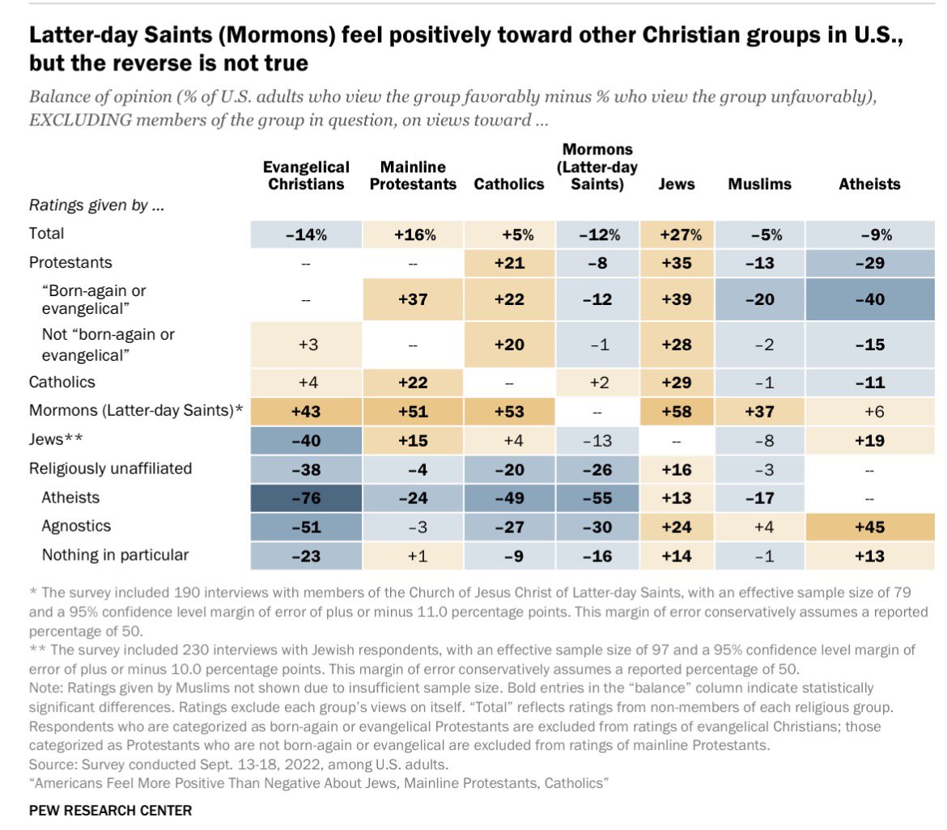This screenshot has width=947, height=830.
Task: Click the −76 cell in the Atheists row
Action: click(x=306, y=497)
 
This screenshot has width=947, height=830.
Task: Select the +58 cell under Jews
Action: click(x=677, y=410)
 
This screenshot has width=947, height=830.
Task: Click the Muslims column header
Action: click(x=759, y=184)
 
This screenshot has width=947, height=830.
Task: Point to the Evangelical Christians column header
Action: click(x=306, y=176)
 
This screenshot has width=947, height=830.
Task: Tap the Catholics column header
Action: click(x=508, y=184)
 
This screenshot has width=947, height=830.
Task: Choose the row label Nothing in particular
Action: click(x=116, y=555)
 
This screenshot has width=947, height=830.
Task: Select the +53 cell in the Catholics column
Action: click(x=508, y=410)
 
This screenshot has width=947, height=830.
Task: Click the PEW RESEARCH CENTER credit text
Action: click(x=111, y=810)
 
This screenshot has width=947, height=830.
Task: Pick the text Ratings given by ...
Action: click(x=96, y=205)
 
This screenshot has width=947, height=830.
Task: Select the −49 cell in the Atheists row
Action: click(x=508, y=497)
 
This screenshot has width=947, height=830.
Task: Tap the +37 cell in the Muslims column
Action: click(x=759, y=410)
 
